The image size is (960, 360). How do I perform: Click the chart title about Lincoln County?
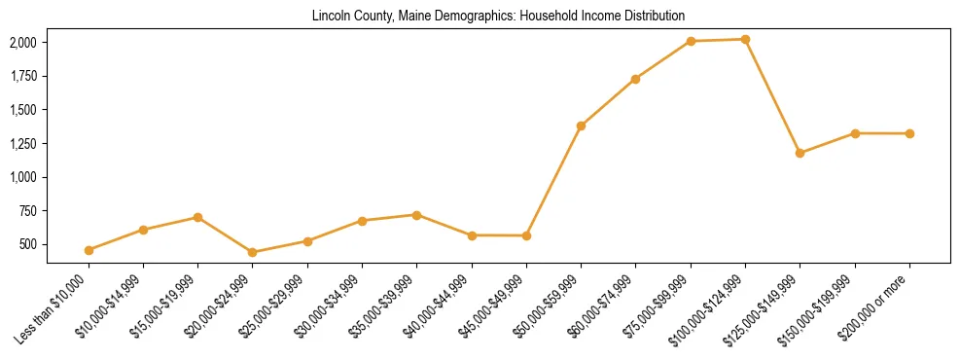[x=498, y=17]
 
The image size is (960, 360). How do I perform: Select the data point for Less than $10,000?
[x=89, y=250]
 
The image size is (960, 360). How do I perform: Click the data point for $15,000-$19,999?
[x=198, y=217]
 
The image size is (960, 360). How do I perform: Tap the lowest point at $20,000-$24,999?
[x=253, y=252]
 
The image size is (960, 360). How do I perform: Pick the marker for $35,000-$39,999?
[x=417, y=214]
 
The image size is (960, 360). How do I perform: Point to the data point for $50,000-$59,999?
[x=581, y=126]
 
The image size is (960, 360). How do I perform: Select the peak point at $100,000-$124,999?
[x=745, y=39]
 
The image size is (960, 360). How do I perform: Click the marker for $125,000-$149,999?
[x=800, y=153]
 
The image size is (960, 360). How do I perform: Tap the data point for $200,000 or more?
[x=909, y=133]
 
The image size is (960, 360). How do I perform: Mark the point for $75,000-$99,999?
[x=691, y=41]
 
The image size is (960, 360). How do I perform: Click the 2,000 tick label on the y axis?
[x=23, y=43]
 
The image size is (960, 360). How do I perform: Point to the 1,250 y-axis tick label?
[x=23, y=144]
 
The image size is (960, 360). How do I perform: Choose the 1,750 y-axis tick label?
[x=23, y=77]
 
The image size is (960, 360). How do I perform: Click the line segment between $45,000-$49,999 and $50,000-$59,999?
[x=553, y=180]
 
